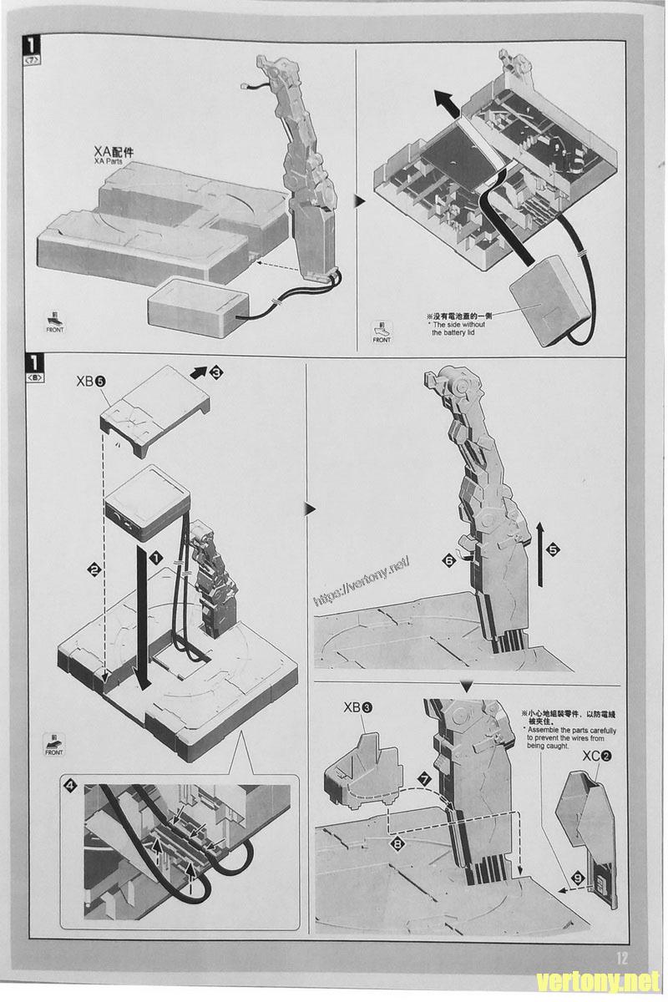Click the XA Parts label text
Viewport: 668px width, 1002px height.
114,154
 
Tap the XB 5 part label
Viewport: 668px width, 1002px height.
91,381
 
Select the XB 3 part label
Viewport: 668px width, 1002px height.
358,707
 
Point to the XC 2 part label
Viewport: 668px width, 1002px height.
597,756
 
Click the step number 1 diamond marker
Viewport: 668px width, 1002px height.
156,558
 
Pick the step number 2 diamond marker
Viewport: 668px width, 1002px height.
94,569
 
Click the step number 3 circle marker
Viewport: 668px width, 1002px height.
216,372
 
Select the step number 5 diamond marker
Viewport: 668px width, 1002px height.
553,549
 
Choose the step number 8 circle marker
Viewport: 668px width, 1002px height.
397,844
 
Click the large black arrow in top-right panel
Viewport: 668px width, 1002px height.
448,103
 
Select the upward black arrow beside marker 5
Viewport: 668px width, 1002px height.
540,554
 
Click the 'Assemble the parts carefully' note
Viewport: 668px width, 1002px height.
569,730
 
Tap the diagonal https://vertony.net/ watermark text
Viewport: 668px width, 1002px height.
362,581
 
